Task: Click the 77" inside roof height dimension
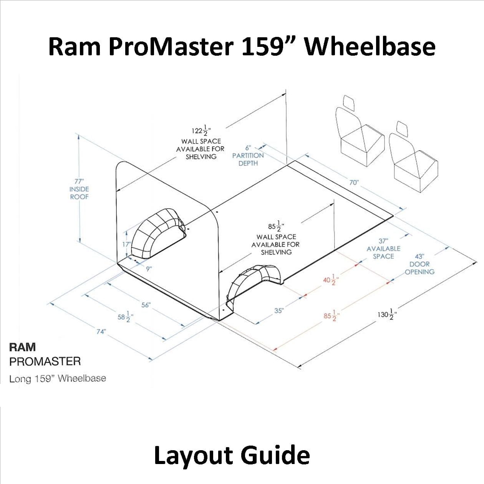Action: [79, 181]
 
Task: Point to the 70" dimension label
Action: [354, 182]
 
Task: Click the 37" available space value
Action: [383, 241]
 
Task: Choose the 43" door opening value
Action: [419, 256]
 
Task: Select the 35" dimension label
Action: [279, 311]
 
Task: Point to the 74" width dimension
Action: [101, 332]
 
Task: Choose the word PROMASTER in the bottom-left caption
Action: [45, 361]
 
